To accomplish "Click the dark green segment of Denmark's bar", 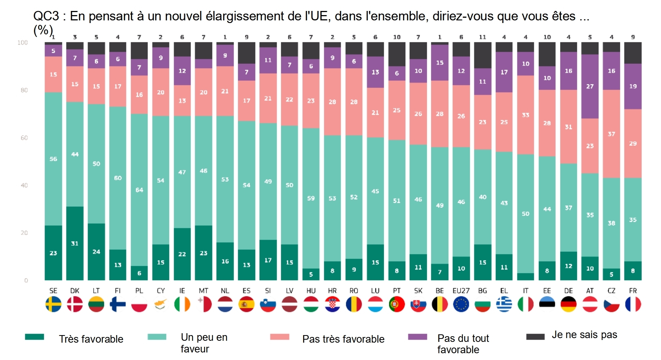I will (x=75, y=243).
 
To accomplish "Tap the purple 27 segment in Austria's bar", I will (x=590, y=86).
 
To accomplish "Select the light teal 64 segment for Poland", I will (x=139, y=189).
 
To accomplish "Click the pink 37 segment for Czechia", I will (x=611, y=134).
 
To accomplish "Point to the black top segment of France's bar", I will (x=633, y=53).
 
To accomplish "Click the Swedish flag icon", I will (x=53, y=304).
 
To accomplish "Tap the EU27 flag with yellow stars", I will (x=461, y=304).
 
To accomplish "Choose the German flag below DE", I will (x=568, y=304).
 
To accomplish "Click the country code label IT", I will (x=525, y=291).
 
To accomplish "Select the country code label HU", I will (x=311, y=291).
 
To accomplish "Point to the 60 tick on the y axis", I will (x=24, y=138).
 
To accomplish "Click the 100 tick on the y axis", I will (x=23, y=43).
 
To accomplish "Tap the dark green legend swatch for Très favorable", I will (x=34, y=337).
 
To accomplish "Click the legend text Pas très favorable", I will (x=343, y=339).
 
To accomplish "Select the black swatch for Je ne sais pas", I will (x=535, y=337).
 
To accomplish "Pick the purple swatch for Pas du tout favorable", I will (x=417, y=337).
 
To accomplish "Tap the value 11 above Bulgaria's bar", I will (x=482, y=37).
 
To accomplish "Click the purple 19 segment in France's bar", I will (x=633, y=86).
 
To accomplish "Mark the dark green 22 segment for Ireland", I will (x=182, y=254).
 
